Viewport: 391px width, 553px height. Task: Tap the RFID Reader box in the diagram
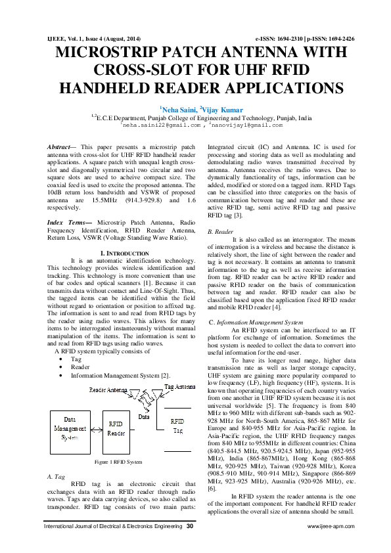(x=116, y=429)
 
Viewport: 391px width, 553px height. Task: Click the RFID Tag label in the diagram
(x=177, y=425)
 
